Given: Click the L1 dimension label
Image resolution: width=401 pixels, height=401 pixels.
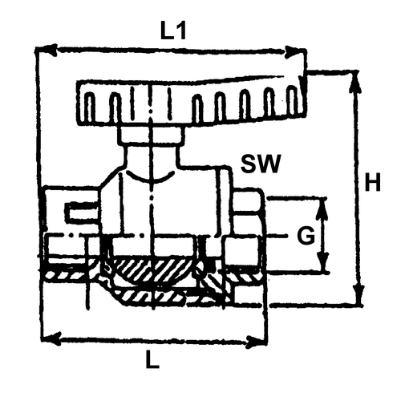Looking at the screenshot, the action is click(173, 30).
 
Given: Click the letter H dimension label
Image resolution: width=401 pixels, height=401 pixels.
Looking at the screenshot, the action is click(372, 182).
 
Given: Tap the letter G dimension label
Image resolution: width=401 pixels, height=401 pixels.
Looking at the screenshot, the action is click(306, 236).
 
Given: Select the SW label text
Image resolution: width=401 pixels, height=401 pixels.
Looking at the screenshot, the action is click(261, 164).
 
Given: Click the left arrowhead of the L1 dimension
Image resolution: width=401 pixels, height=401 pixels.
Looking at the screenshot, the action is click(47, 50).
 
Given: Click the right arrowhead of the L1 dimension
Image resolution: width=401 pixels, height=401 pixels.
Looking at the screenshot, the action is click(295, 52).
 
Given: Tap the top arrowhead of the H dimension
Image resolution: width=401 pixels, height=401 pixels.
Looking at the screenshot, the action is click(355, 82).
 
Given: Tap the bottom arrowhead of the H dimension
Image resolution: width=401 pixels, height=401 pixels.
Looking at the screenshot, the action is click(358, 295).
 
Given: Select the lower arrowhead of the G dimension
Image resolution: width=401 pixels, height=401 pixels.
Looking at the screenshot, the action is click(323, 261).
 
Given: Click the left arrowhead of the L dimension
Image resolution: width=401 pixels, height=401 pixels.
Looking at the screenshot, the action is click(52, 338).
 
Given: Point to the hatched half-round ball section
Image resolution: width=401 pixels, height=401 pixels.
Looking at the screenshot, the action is click(152, 270).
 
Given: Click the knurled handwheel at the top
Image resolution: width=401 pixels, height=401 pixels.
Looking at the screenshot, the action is click(191, 103).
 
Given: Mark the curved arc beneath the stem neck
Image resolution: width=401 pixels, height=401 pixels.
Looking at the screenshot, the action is click(150, 179).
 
